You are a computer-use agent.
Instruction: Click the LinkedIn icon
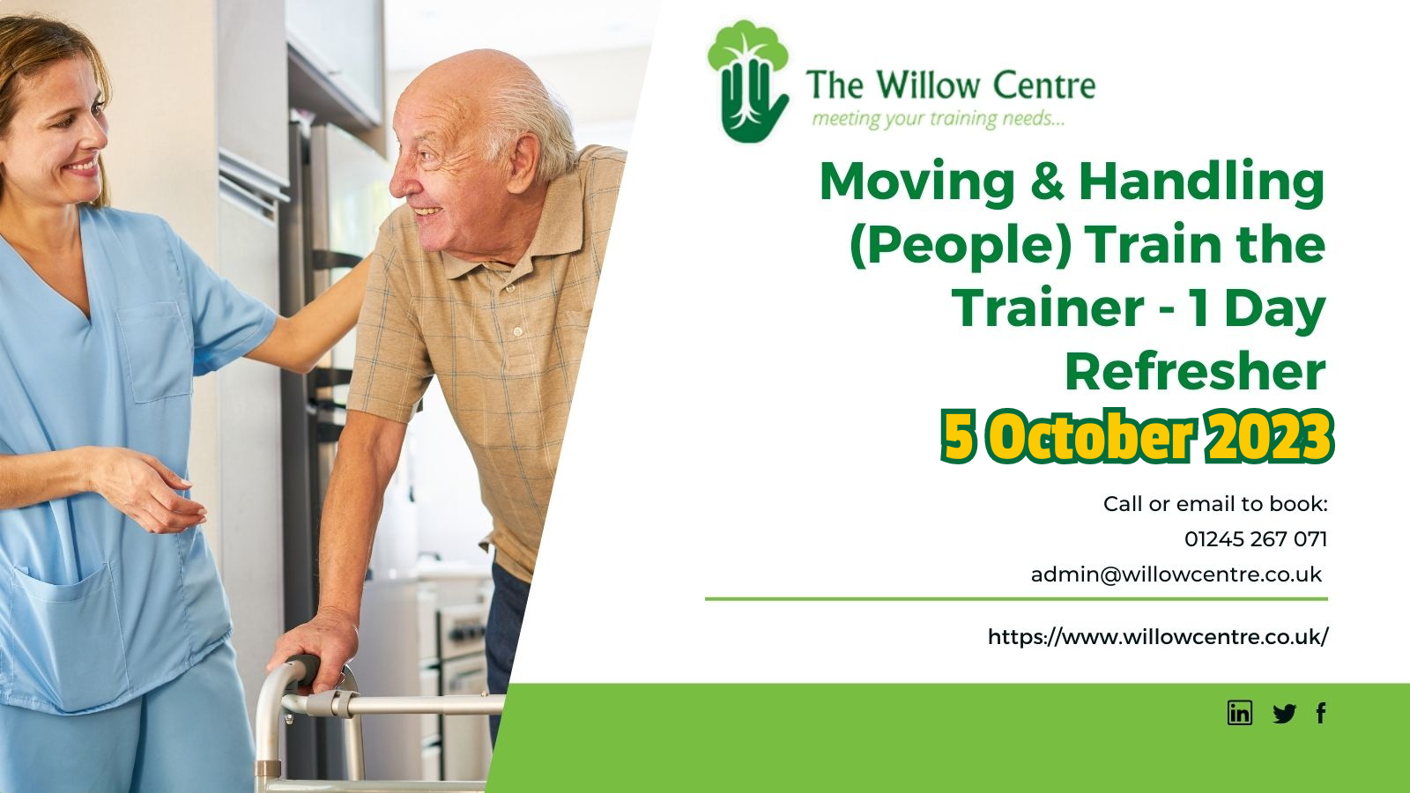click(x=1239, y=713)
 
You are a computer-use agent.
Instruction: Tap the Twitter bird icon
click(x=1284, y=714)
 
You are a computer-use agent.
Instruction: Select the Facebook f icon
click(x=1321, y=713)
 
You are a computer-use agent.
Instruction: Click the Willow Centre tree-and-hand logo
click(x=748, y=81)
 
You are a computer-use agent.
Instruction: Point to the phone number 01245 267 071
click(x=1255, y=538)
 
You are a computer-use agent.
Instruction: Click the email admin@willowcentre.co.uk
click(x=1176, y=574)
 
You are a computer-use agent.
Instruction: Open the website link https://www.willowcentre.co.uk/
click(x=1158, y=637)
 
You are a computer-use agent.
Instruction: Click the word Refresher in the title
click(x=1195, y=372)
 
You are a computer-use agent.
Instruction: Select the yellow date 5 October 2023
click(x=1137, y=436)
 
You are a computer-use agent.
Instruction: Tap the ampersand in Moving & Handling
click(x=1047, y=182)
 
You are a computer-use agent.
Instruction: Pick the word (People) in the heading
click(x=960, y=246)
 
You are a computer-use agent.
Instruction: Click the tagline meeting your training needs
click(x=938, y=118)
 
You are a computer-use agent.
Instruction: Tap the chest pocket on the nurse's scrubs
click(x=155, y=352)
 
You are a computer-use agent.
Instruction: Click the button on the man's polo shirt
click(x=518, y=331)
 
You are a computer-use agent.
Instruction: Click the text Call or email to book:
click(x=1215, y=503)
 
